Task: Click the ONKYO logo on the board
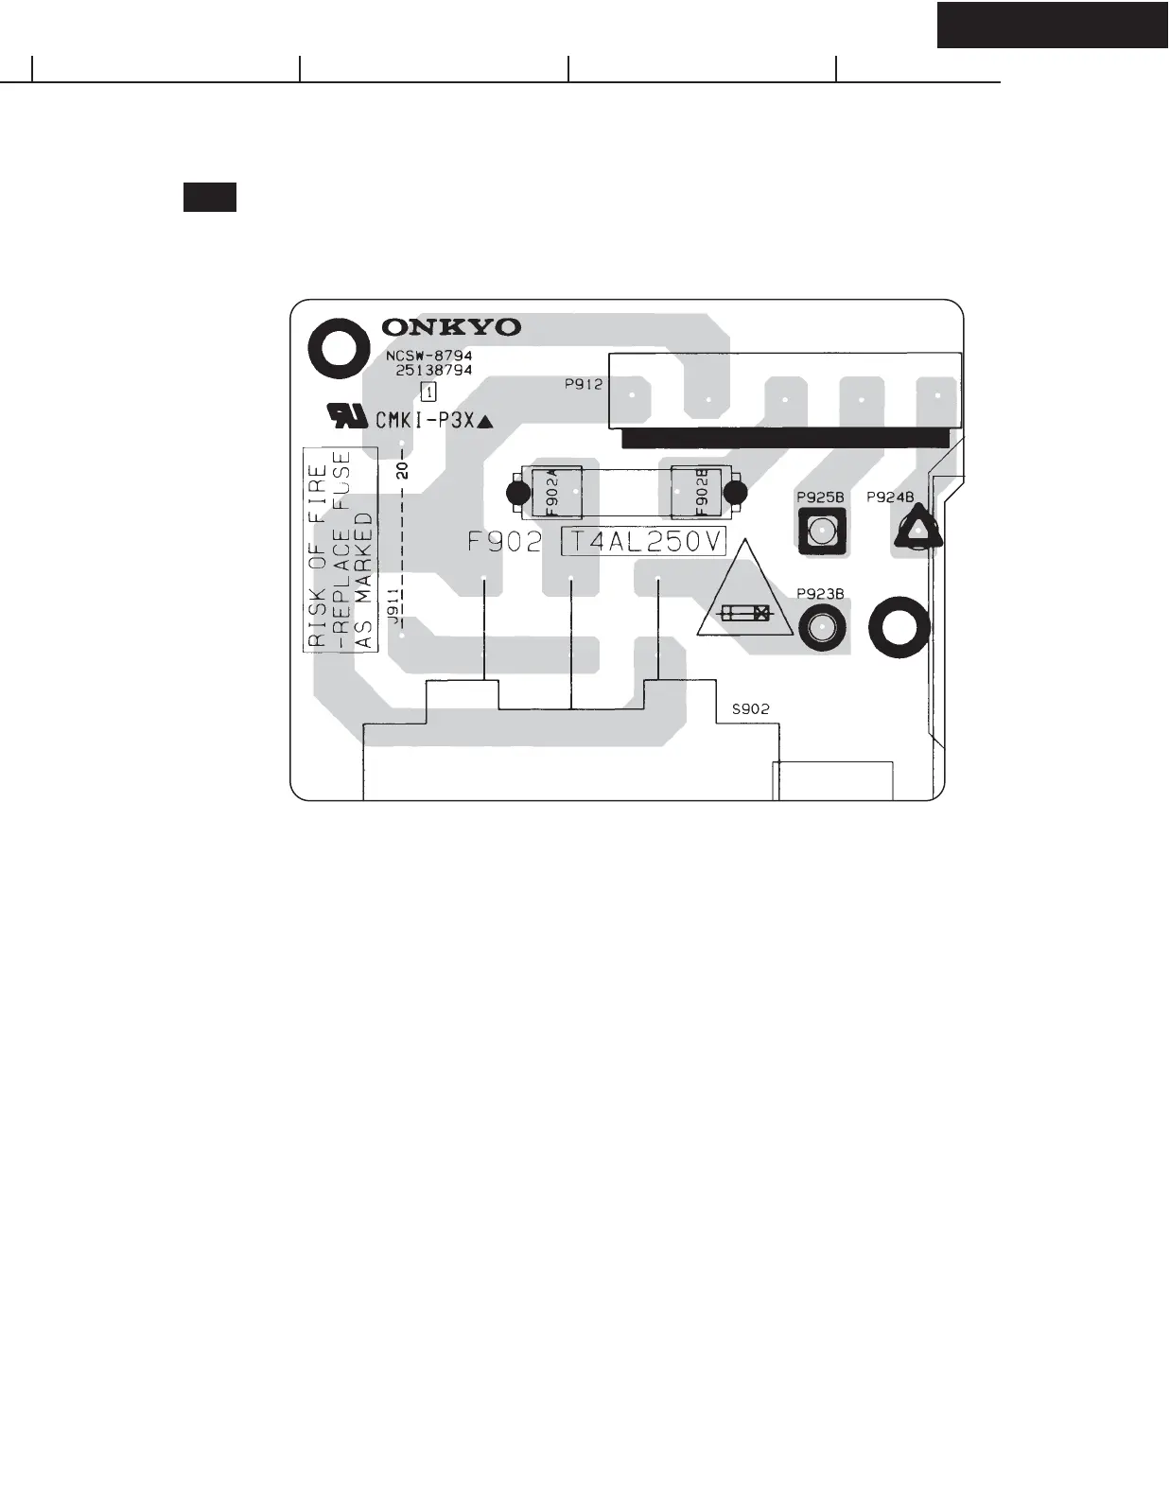pyautogui.click(x=451, y=327)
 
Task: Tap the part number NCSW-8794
pyautogui.click(x=428, y=356)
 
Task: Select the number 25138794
pyautogui.click(x=433, y=370)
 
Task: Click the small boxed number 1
pyautogui.click(x=428, y=392)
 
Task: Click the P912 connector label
pyautogui.click(x=583, y=384)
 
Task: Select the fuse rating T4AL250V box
pyautogui.click(x=643, y=542)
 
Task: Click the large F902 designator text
pyautogui.click(x=506, y=542)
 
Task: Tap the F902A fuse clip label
pyautogui.click(x=552, y=492)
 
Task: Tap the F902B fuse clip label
pyautogui.click(x=701, y=492)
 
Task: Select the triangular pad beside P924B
pyautogui.click(x=917, y=530)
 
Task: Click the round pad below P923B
pyautogui.click(x=823, y=628)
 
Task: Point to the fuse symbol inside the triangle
pyautogui.click(x=745, y=614)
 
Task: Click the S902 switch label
pyautogui.click(x=750, y=708)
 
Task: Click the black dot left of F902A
pyautogui.click(x=517, y=493)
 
